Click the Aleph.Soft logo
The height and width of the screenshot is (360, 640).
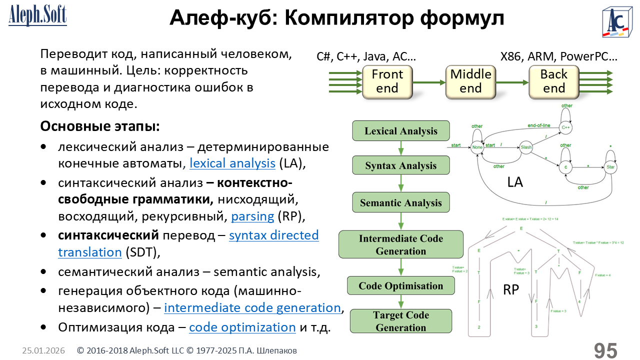pos(37,15)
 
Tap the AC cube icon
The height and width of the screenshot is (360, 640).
pos(617,22)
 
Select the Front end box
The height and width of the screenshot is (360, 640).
pos(387,81)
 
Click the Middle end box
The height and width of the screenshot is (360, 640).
pos(470,81)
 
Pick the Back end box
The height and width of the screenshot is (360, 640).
pos(553,81)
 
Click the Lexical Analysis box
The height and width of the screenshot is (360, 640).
pos(400,131)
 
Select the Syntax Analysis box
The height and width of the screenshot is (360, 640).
pos(400,165)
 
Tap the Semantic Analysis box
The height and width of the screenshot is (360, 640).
pos(400,203)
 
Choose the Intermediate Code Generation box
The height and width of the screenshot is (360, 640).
pos(400,244)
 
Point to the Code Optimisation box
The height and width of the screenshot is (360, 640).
pos(400,285)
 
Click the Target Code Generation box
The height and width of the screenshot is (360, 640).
pos(400,321)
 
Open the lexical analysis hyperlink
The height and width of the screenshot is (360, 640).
pos(232,163)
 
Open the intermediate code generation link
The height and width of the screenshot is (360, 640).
pos(252,307)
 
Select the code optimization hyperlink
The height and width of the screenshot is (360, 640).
pos(242,327)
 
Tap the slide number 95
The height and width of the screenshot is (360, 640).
pos(605,350)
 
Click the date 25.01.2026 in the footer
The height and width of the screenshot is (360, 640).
pos(43,351)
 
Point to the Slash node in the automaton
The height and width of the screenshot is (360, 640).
pos(525,147)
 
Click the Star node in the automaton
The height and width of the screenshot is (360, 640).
pos(610,167)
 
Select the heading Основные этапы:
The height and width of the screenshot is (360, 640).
pos(100,126)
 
